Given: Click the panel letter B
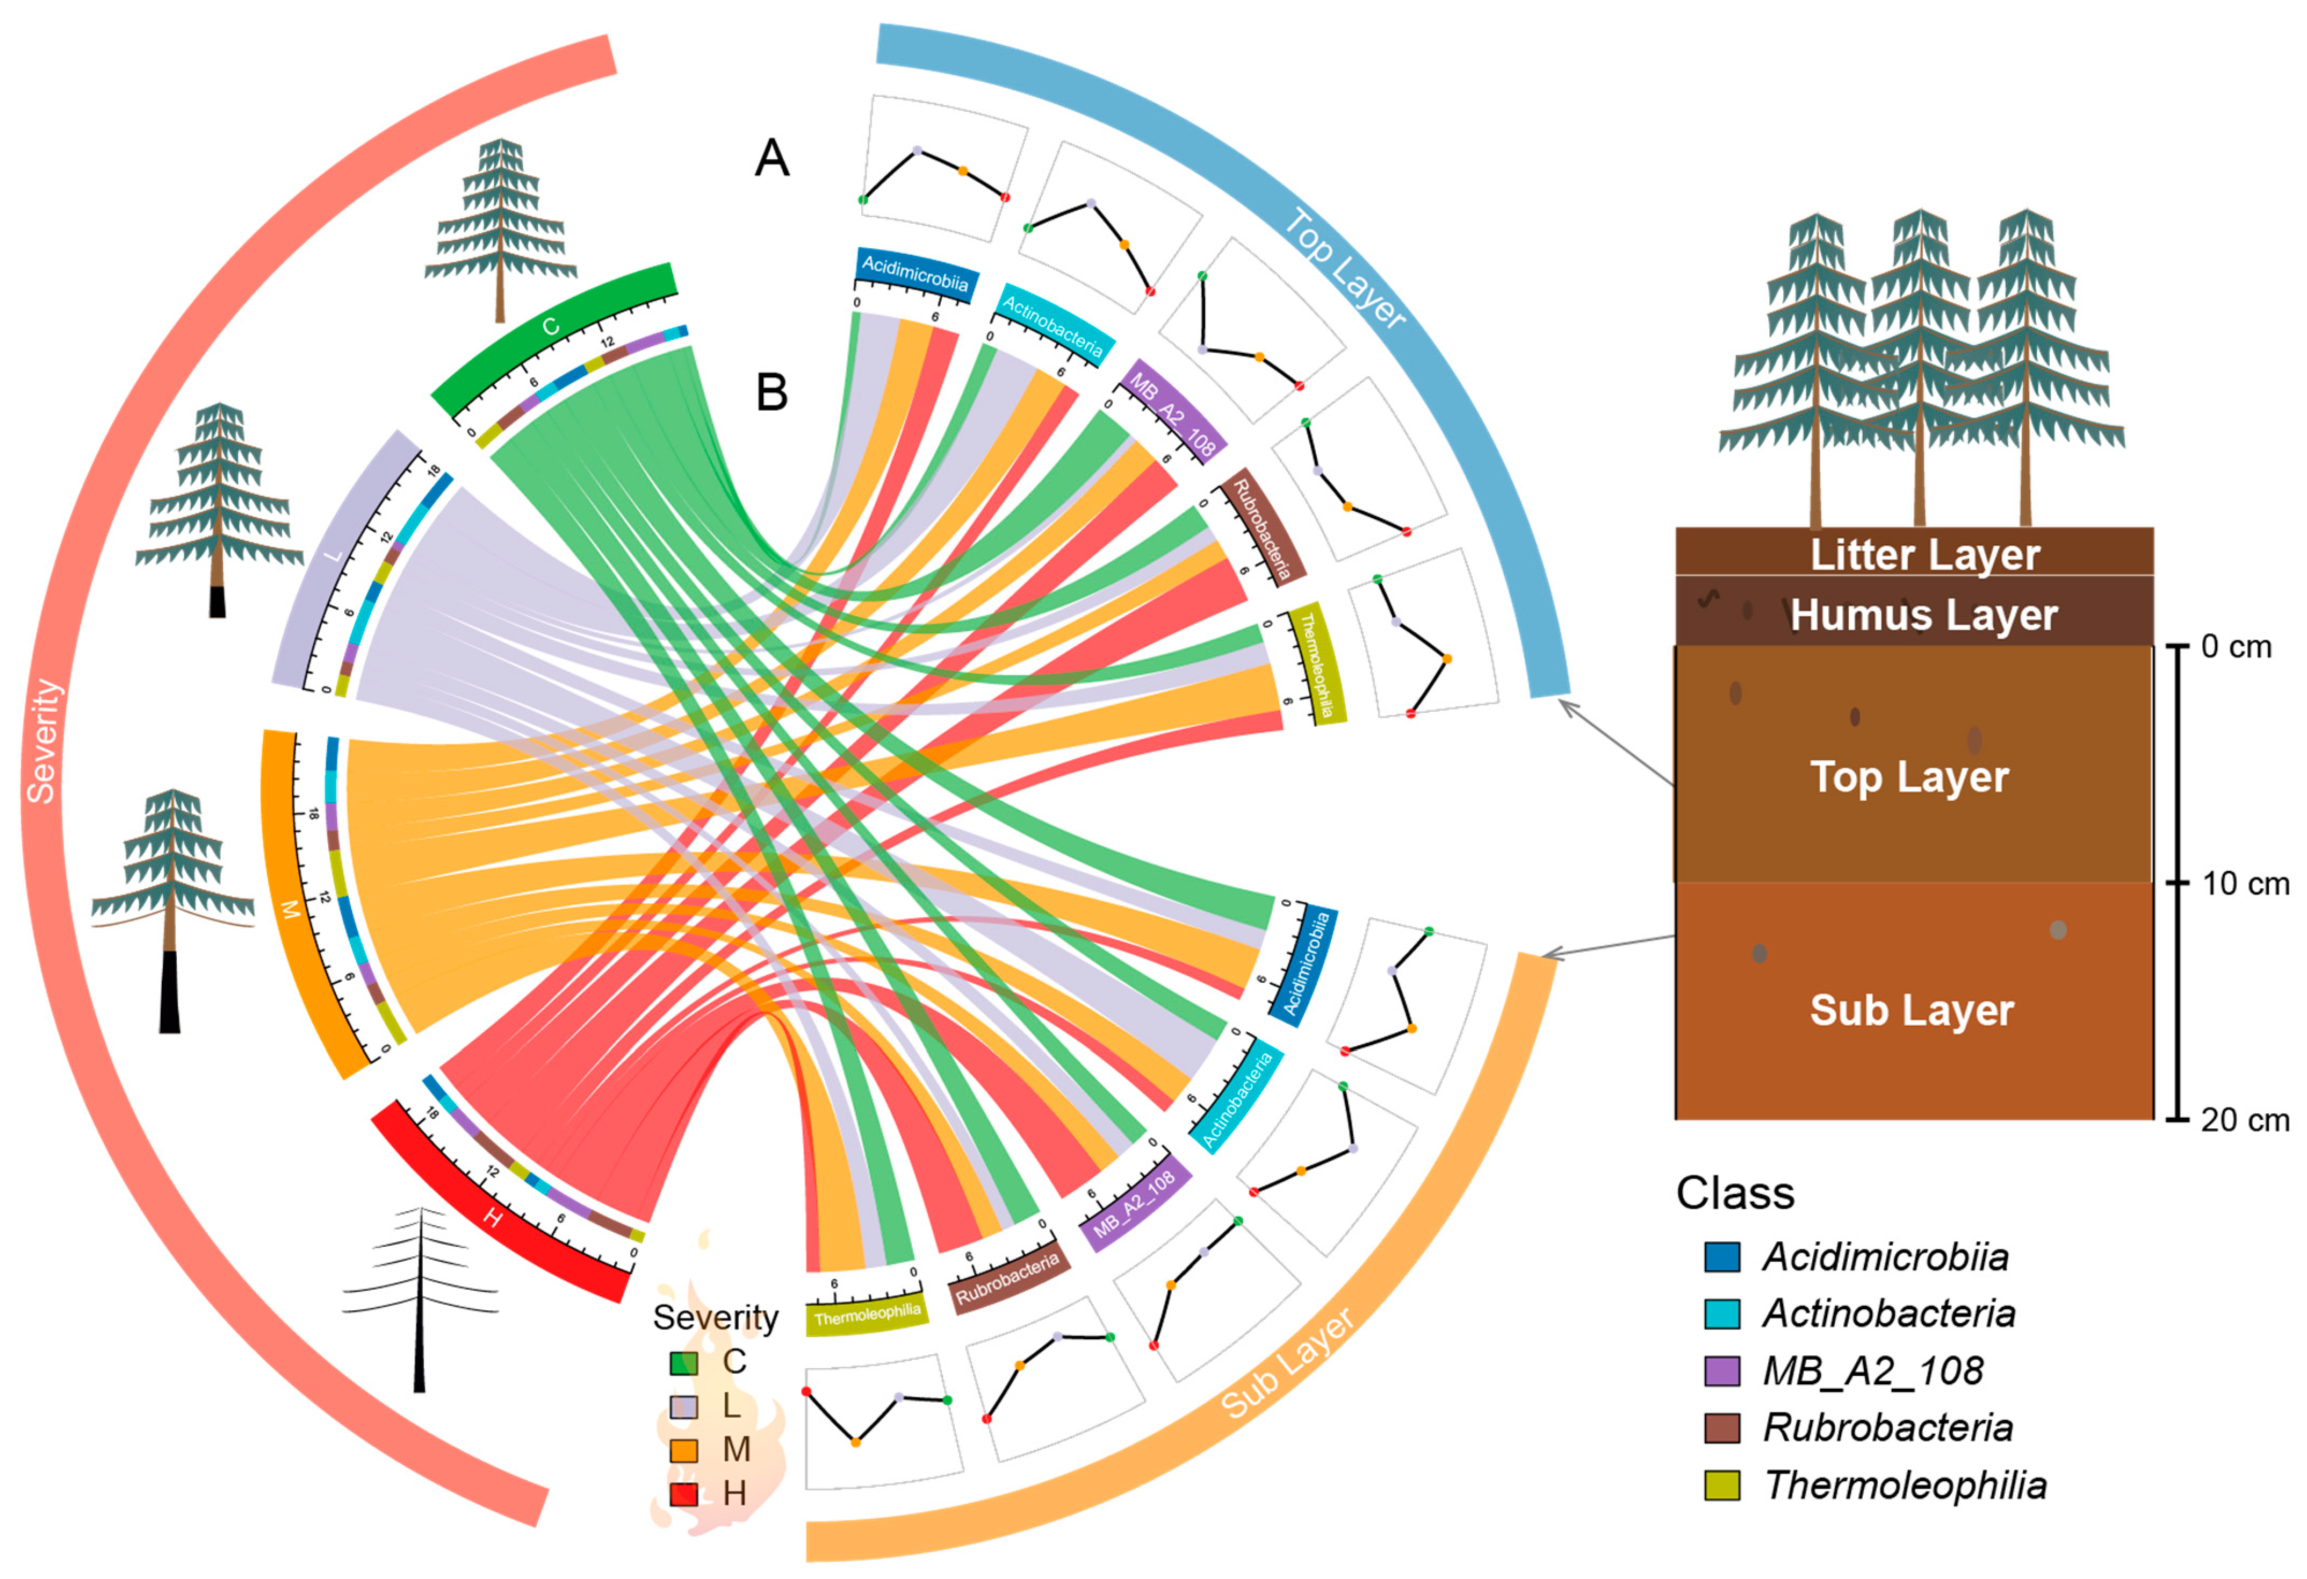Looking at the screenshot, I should pos(772,392).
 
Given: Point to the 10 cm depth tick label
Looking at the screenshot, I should pos(2245,883).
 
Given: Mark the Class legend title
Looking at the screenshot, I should pos(1735,1192).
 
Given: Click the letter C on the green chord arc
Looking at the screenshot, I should pos(550,328).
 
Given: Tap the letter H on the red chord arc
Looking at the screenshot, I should pos(492,1218).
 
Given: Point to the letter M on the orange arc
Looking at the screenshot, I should pos(290,909).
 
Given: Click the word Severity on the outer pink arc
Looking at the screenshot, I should pos(42,740).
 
